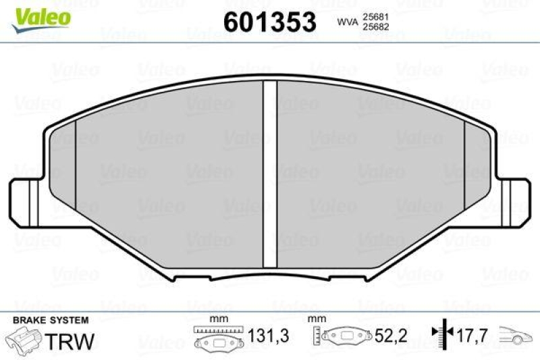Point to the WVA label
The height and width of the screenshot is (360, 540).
[x=348, y=22]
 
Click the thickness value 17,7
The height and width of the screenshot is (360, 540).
[x=470, y=334]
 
